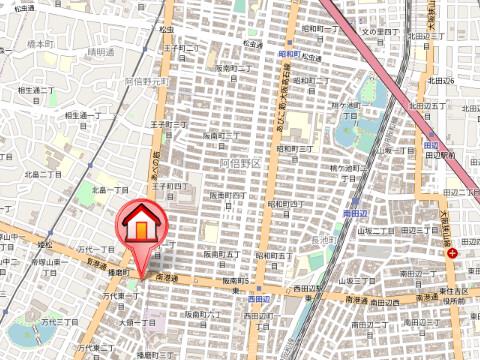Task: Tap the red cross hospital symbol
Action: [x=453, y=254]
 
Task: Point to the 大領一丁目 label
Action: [x=137, y=323]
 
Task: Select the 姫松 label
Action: [x=46, y=244]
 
